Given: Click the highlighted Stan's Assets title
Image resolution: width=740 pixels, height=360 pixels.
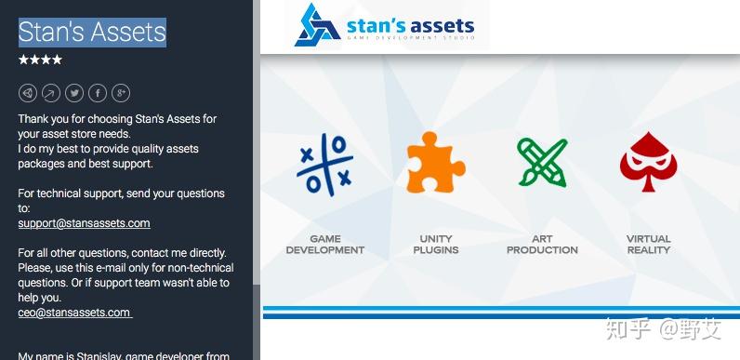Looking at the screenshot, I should (92, 32).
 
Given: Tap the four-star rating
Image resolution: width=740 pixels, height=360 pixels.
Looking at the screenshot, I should (41, 60).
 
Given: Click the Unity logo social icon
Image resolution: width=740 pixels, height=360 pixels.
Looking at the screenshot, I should (28, 93).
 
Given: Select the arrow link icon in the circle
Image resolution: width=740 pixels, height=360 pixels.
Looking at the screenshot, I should (51, 93).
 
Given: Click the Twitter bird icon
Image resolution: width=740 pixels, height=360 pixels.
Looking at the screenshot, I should (74, 93).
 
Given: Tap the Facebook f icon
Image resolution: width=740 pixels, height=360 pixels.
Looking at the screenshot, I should (98, 93).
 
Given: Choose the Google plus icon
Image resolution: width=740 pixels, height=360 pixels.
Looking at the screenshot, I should (121, 93).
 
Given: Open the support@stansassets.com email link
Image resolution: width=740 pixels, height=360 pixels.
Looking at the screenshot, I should (84, 223).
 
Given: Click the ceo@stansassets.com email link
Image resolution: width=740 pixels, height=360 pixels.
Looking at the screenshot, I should (74, 313).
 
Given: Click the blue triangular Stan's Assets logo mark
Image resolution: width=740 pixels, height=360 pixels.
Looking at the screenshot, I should (317, 25).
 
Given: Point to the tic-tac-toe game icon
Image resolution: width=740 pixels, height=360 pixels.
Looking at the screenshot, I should (324, 164).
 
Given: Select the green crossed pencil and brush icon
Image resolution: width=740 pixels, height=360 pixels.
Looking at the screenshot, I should (541, 163).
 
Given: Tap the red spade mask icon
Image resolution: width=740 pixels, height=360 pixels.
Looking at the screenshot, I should (648, 163).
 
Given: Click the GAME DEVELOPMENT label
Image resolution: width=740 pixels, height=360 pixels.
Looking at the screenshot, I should (324, 245).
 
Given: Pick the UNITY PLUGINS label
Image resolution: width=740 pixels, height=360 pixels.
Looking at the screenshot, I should (435, 245).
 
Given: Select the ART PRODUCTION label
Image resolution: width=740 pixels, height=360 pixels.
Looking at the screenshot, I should (541, 245).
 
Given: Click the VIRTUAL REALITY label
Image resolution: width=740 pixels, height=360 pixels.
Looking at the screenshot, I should (648, 245).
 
